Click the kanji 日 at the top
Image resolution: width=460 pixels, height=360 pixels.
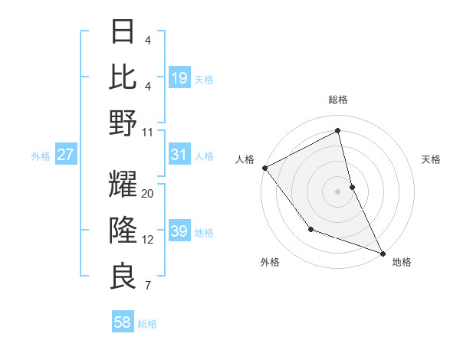[123, 33]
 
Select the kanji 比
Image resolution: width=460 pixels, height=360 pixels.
[123, 77]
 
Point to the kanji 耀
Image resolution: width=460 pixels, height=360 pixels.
[123, 185]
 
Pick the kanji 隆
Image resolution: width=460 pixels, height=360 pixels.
[123, 231]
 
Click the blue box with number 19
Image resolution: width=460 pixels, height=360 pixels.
[179, 77]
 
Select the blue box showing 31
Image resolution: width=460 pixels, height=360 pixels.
[179, 155]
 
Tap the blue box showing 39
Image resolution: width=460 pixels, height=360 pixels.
[179, 231]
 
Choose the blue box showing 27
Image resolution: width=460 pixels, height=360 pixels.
[66, 155]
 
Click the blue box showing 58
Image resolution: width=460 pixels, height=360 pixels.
[123, 322]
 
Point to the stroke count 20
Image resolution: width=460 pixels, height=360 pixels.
[148, 194]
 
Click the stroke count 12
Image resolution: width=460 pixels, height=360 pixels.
[148, 240]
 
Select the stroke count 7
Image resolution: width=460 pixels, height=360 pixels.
[148, 286]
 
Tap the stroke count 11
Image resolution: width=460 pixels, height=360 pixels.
[148, 132]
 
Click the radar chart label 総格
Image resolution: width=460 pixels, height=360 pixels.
[338, 100]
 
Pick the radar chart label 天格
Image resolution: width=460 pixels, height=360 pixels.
[432, 159]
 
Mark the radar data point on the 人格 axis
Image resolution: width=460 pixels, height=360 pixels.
[264, 168]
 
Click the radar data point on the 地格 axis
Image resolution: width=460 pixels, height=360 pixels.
[383, 252]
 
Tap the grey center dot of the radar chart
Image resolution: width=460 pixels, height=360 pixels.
[338, 191]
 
